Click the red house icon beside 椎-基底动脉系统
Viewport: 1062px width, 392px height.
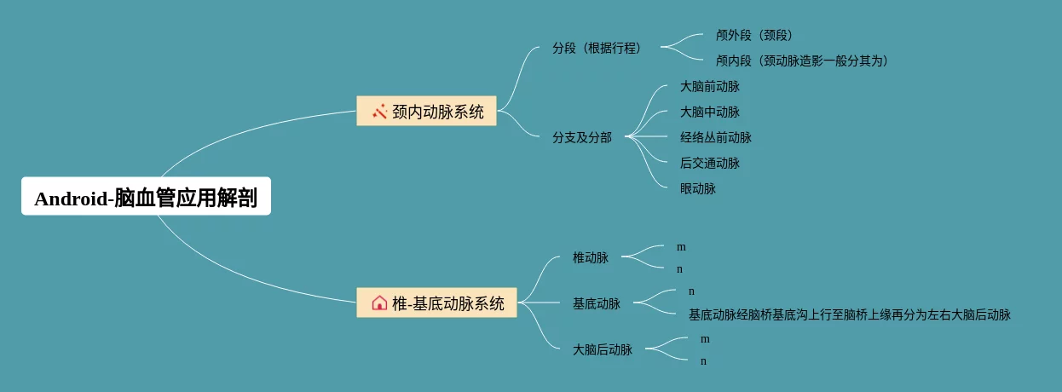379,303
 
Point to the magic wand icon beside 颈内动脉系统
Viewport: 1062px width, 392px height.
379,111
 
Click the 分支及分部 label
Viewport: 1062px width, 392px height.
582,137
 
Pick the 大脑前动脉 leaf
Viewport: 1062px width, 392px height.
710,87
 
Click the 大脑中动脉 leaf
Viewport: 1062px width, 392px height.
710,112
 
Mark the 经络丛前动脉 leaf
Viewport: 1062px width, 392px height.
716,138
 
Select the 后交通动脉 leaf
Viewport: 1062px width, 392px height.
710,164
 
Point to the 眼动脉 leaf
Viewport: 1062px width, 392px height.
698,189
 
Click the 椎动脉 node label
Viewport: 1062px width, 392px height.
591,257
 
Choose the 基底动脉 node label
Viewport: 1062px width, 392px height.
597,303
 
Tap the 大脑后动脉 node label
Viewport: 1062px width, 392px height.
603,349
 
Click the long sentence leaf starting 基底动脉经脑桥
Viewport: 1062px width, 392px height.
850,315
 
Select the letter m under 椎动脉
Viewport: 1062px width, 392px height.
681,247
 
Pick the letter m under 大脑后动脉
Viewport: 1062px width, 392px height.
705,339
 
